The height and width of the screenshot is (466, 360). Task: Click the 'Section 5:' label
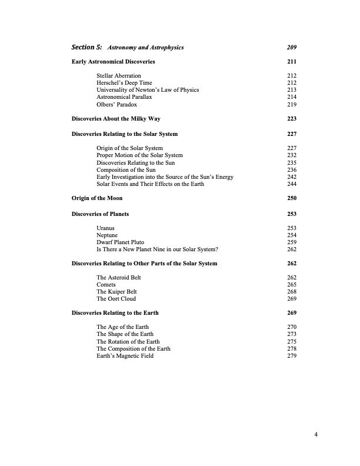click(86, 47)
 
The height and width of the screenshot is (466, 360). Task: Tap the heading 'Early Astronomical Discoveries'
click(114, 61)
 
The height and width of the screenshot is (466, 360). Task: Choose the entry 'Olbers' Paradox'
click(116, 104)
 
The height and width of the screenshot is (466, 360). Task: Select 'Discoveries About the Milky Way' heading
click(116, 119)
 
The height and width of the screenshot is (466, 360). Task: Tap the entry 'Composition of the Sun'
click(126, 170)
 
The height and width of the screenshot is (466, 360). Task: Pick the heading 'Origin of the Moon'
click(97, 198)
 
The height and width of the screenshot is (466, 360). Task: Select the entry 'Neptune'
click(108, 235)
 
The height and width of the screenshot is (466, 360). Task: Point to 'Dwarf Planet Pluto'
click(121, 242)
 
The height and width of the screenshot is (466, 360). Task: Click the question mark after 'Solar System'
click(217, 249)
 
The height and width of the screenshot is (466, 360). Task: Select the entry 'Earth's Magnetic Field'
click(125, 356)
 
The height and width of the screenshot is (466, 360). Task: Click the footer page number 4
click(316, 435)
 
